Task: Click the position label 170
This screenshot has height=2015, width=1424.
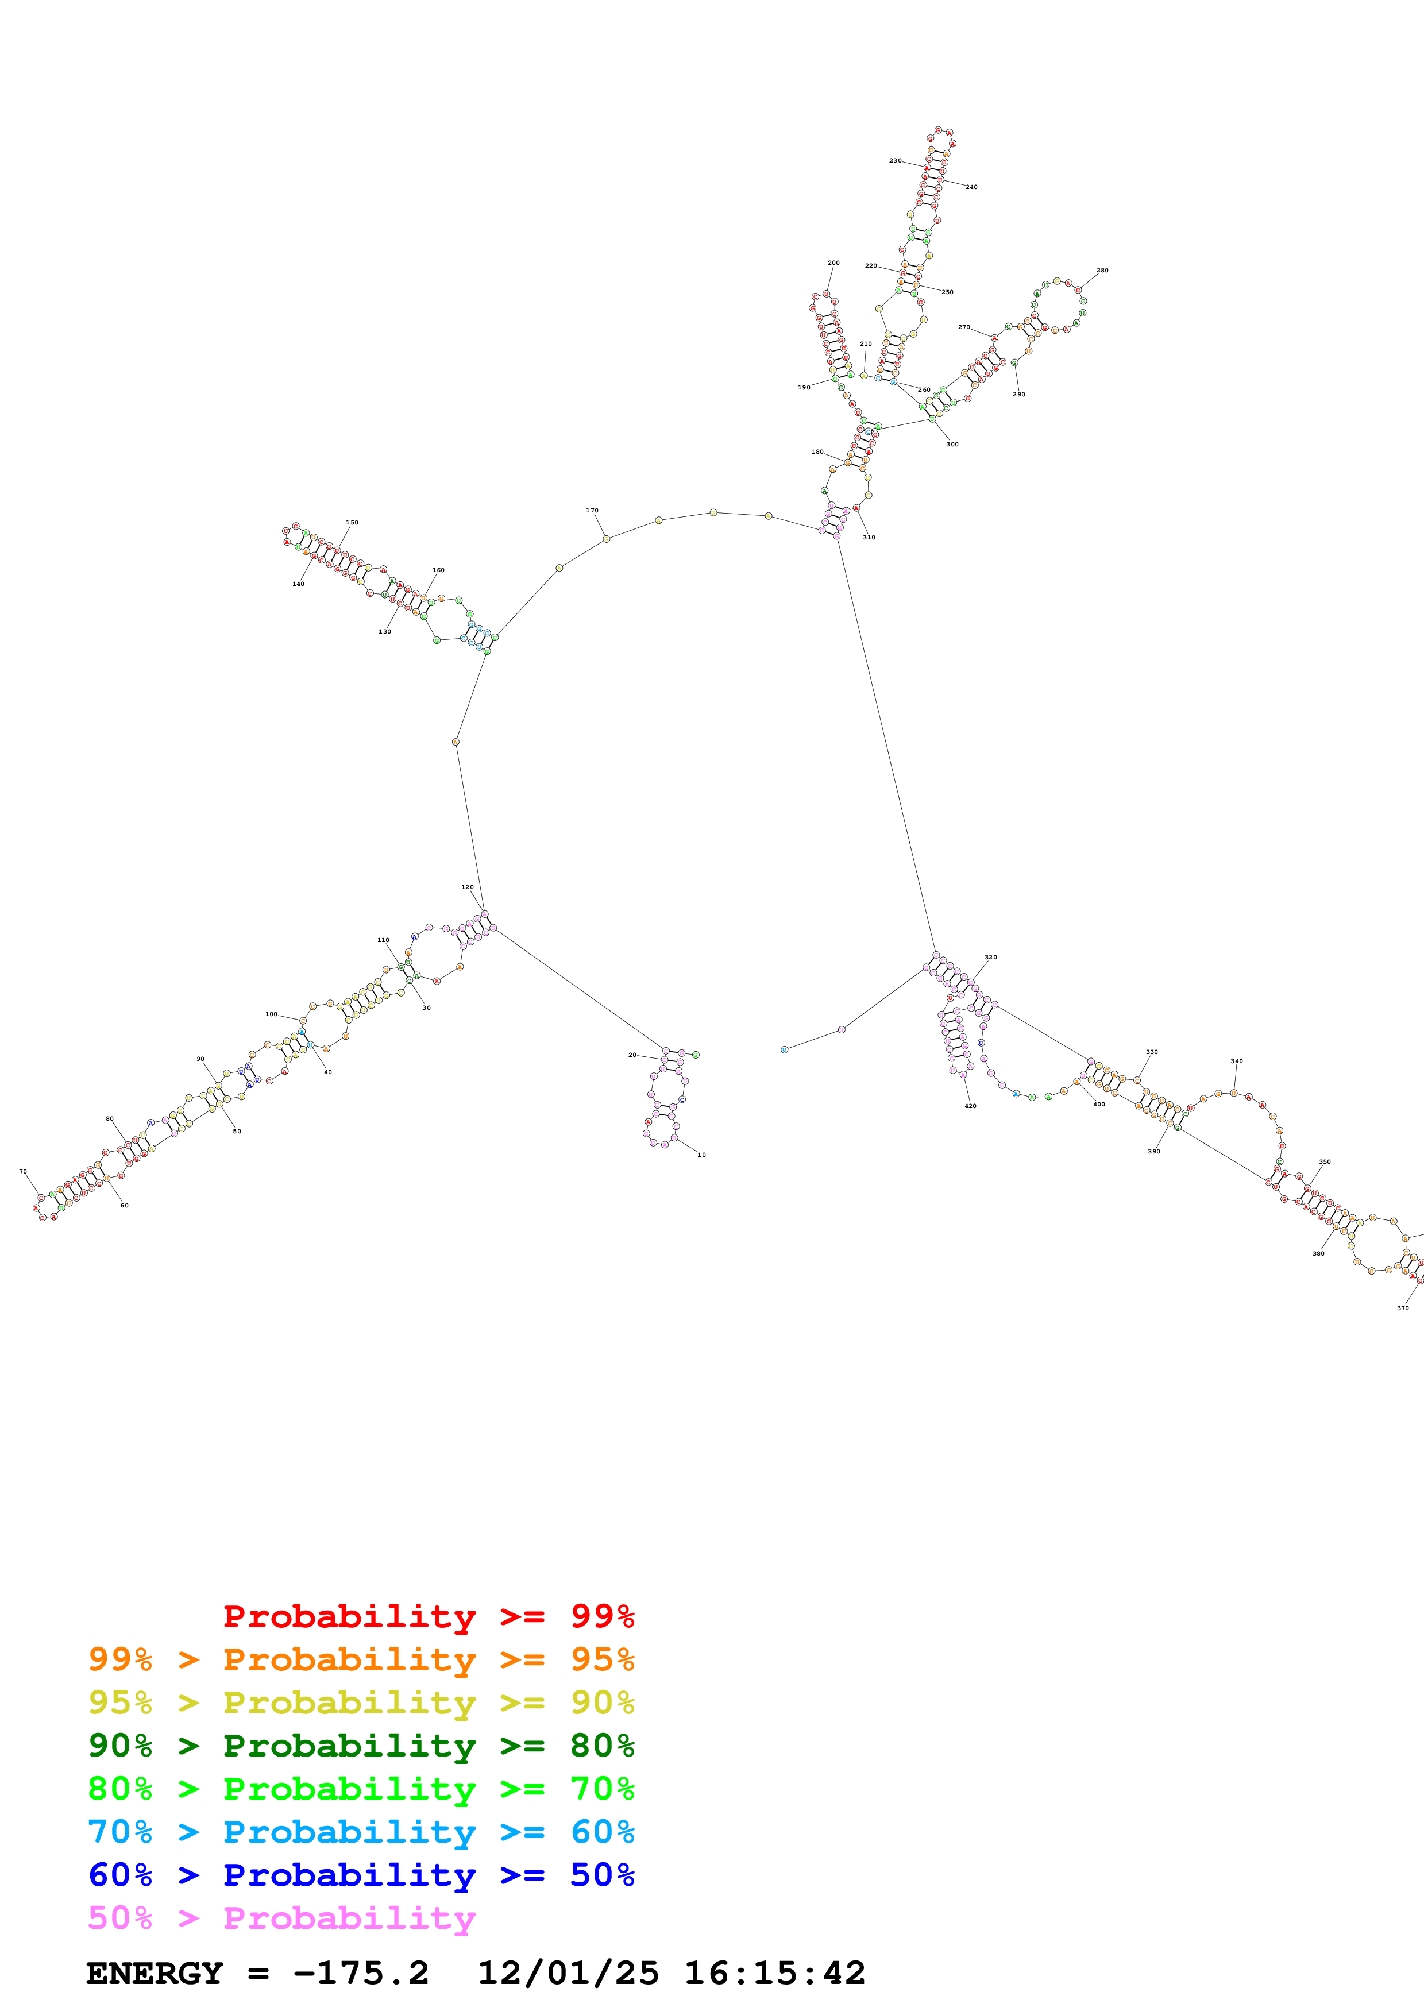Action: pos(592,510)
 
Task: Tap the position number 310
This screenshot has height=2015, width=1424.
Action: pos(869,537)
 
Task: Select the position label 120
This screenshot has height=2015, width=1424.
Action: pos(468,887)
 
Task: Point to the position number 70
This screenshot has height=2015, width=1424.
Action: pos(23,1172)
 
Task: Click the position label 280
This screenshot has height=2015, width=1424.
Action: pos(1102,271)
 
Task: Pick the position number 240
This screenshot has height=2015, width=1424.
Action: pos(971,187)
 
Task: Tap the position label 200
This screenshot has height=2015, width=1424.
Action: pos(833,263)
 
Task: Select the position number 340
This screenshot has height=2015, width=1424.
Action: pos(1236,1061)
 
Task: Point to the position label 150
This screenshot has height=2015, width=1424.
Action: pos(352,522)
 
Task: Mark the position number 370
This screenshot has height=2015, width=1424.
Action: pos(1403,1308)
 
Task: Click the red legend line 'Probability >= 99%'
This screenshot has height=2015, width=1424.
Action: pos(428,1616)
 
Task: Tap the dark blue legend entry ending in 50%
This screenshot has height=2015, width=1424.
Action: pos(361,1875)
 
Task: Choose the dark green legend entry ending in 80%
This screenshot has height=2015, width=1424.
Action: pos(361,1746)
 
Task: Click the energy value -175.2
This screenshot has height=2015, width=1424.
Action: pos(361,1973)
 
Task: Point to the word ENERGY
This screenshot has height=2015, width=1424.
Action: pos(155,1973)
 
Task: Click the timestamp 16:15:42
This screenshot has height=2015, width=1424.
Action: pos(775,1973)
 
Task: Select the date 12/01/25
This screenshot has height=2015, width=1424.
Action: pos(568,1973)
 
